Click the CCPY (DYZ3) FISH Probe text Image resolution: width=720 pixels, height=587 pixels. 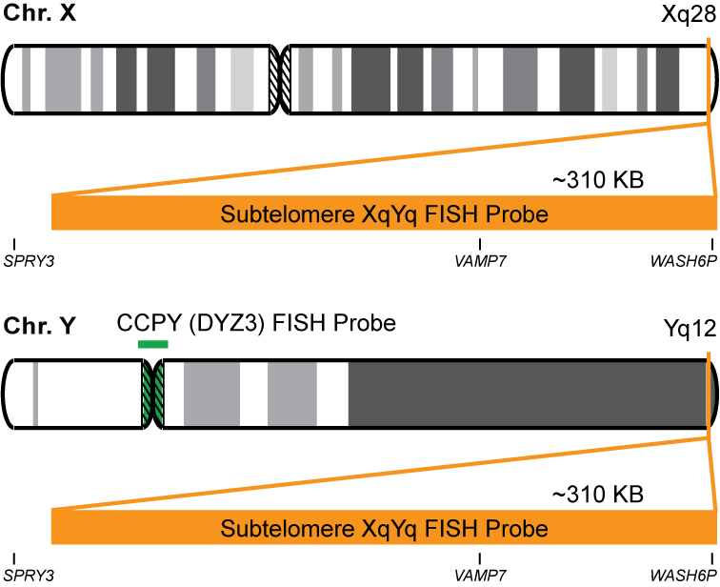click(x=256, y=323)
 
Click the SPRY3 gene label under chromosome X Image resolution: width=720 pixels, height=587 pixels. click(x=30, y=260)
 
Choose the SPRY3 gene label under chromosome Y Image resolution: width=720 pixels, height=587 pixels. click(x=30, y=576)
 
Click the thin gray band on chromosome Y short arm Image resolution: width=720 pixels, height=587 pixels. click(x=35, y=392)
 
